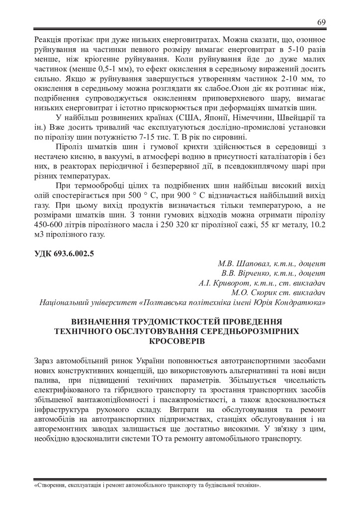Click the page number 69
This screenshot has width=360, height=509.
tap(321, 22)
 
